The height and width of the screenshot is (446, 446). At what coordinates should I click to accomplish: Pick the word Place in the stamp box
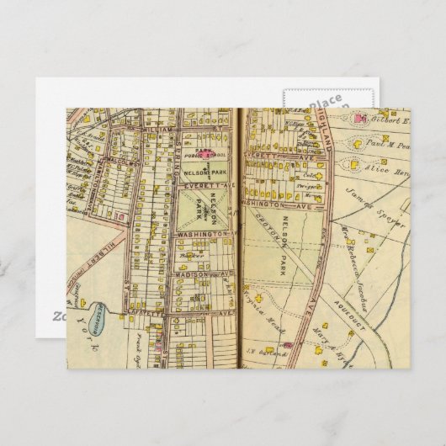tap(326, 100)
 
